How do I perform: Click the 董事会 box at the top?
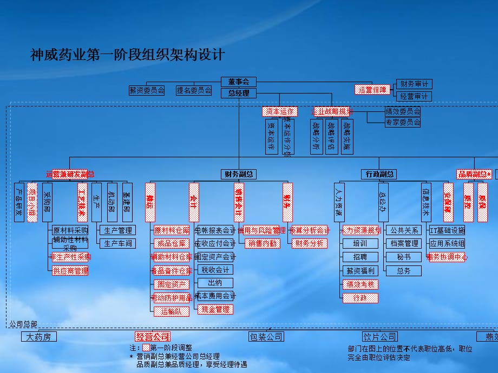[239, 82]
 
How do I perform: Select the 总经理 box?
[239, 93]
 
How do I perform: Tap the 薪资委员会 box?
[147, 90]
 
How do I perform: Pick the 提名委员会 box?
[194, 90]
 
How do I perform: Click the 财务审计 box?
[414, 84]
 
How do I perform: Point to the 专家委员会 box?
[402, 123]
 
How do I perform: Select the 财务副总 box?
[239, 174]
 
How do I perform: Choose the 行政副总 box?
[378, 174]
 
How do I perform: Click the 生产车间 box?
[118, 243]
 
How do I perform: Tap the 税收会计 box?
[215, 270]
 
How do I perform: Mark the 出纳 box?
[215, 283]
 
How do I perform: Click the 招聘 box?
[359, 257]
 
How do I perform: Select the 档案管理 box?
[403, 244]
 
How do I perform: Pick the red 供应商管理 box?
[70, 270]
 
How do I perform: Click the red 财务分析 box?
[310, 244]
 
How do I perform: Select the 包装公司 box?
[266, 337]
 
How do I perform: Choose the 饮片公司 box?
[379, 337]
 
